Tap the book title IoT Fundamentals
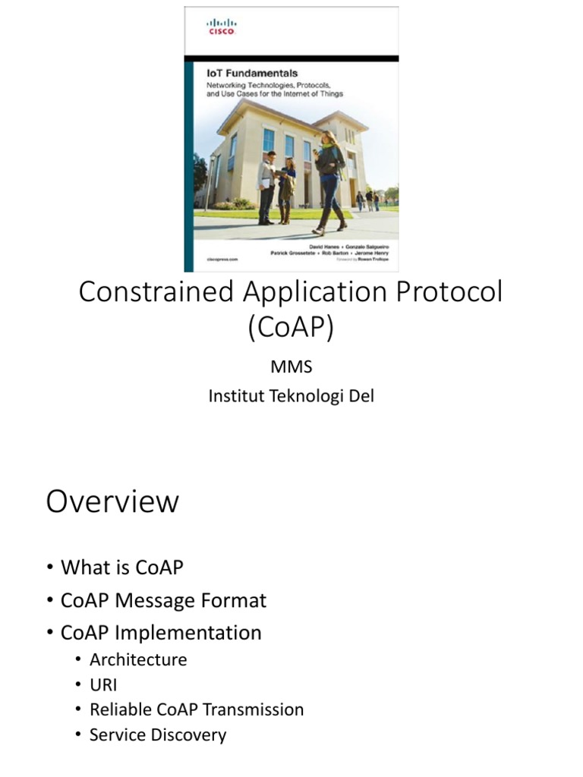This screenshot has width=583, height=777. coord(254,74)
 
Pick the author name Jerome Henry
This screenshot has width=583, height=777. coord(373,251)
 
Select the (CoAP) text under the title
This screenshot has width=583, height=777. coord(291,327)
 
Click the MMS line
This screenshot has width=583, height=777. coord(291,367)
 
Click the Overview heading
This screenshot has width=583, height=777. coord(112,502)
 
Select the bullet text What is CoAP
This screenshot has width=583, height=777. coord(121,568)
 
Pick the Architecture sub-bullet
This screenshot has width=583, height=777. coord(137,659)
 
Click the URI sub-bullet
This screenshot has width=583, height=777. coord(103,684)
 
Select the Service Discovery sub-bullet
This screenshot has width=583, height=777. coord(157,735)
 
